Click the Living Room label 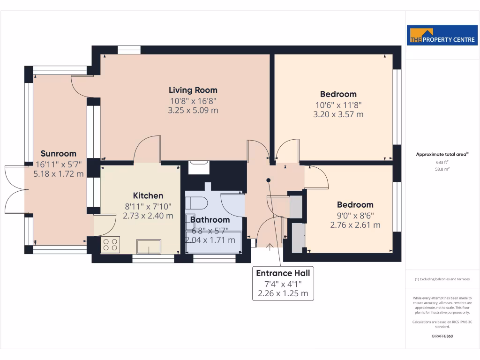(x=193, y=90)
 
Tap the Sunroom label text (x=58, y=153)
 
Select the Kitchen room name (x=148, y=195)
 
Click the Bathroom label (x=210, y=219)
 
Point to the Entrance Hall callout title (x=283, y=273)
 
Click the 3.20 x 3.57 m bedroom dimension (x=338, y=114)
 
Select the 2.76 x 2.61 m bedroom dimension (x=355, y=225)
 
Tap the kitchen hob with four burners (x=111, y=244)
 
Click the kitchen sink (x=149, y=246)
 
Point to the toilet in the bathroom (x=196, y=203)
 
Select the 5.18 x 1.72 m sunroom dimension (x=59, y=173)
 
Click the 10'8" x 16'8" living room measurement (x=193, y=101)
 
